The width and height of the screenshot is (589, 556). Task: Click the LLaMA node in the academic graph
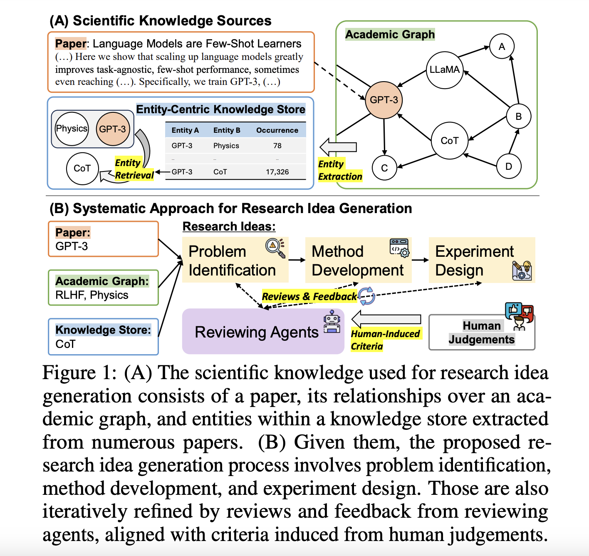click(445, 70)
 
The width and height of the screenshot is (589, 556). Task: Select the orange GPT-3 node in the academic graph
click(384, 100)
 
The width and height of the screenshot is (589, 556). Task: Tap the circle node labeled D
click(508, 166)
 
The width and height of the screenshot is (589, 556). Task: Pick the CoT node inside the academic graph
click(449, 141)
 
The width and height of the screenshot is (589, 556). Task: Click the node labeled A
click(502, 47)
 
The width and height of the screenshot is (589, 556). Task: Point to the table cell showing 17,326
click(277, 172)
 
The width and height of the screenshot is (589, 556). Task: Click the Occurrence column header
click(277, 130)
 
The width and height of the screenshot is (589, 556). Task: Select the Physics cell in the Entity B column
click(226, 146)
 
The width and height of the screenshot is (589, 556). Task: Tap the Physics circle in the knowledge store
click(72, 129)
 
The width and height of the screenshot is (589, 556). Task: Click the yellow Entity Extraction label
click(339, 170)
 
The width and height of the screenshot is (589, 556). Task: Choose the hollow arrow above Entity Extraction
click(338, 147)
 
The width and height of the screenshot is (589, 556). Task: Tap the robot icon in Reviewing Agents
click(332, 321)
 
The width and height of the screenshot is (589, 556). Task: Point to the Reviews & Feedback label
click(309, 296)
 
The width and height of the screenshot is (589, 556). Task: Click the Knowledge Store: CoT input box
click(103, 337)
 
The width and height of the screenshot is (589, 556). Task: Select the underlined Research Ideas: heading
click(229, 226)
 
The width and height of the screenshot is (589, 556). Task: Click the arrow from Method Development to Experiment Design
click(420, 260)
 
